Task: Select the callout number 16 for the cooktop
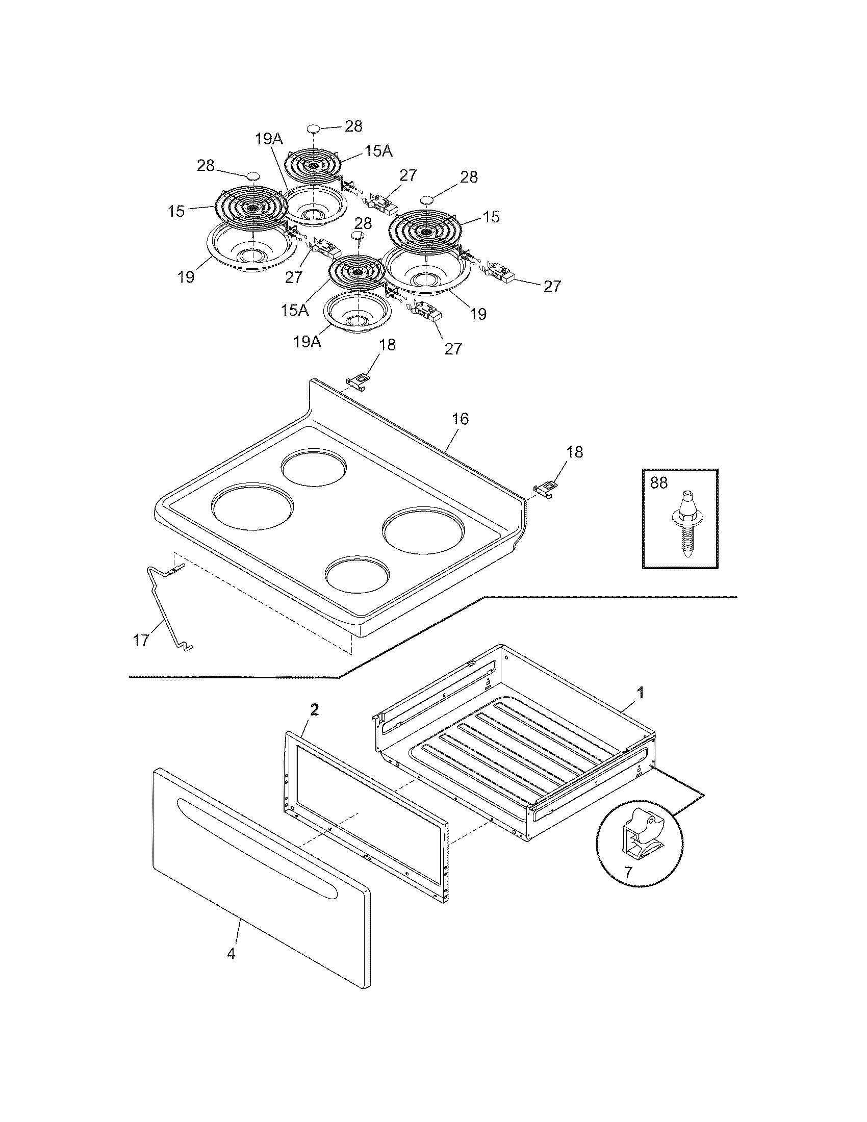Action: point(461,419)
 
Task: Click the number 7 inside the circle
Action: point(628,872)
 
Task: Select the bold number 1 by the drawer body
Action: point(640,692)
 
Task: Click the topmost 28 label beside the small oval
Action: point(353,126)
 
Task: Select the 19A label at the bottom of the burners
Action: point(307,342)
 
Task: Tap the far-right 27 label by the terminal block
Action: point(552,286)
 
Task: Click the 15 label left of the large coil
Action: point(176,211)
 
